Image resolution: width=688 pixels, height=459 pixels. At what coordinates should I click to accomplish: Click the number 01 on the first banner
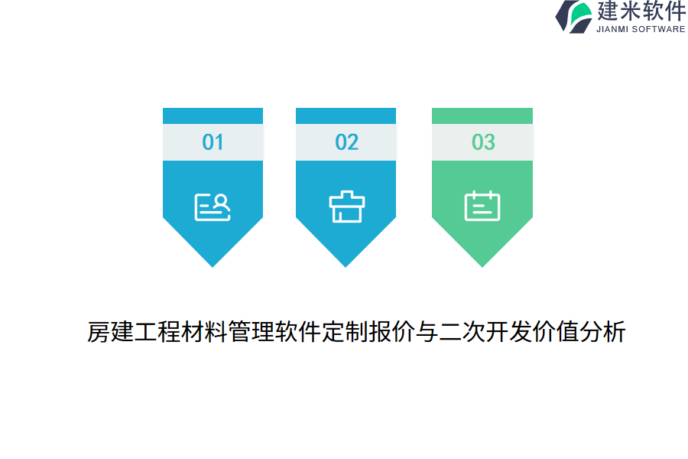pos(213,142)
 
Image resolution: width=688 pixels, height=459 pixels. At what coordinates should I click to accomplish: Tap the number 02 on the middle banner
pos(346,142)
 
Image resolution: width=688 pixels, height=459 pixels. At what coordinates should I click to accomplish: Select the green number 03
pos(483,142)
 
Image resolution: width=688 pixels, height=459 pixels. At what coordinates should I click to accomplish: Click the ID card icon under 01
pos(213,207)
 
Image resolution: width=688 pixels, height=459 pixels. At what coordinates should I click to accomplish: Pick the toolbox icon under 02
pos(346,207)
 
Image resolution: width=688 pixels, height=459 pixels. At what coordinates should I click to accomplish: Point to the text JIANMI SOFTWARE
pos(641,29)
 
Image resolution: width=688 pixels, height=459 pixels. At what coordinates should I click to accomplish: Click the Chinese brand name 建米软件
pos(641,11)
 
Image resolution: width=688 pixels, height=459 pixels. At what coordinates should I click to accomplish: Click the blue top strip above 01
pos(213,116)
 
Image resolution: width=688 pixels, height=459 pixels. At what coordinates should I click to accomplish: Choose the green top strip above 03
pos(482,116)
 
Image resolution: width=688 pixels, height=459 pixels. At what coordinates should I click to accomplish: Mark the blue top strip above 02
pos(346,116)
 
